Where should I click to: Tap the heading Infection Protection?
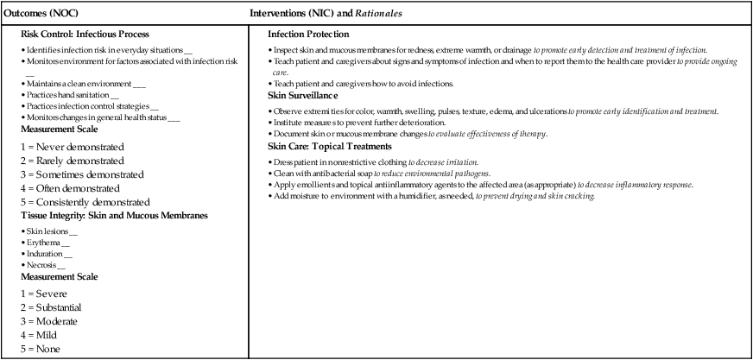(308, 35)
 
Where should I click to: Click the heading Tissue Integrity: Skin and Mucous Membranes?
(113, 216)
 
